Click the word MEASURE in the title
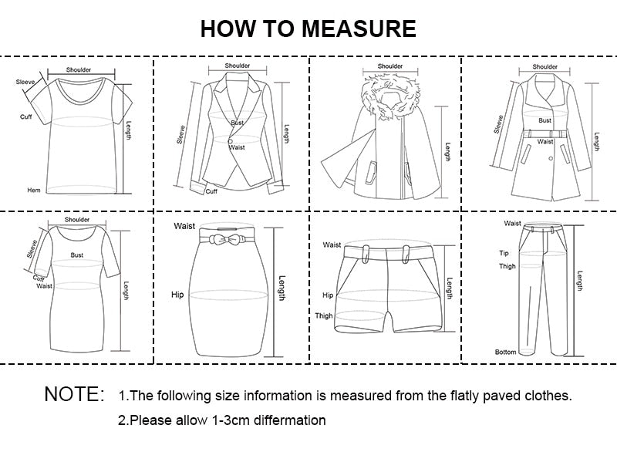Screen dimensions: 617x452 [x=359, y=29]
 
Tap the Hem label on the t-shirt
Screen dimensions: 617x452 [x=34, y=190]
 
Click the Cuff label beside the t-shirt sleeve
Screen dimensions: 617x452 [x=26, y=116]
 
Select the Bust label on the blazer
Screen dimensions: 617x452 [x=238, y=123]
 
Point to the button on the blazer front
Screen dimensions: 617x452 [x=230, y=141]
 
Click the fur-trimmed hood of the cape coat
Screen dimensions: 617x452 [x=390, y=96]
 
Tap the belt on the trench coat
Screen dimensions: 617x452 [x=545, y=133]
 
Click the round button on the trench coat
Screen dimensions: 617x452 [x=551, y=159]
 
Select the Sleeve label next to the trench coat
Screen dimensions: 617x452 [x=498, y=124]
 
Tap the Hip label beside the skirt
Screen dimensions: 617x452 [x=177, y=295]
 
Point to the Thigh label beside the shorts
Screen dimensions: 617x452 [x=324, y=315]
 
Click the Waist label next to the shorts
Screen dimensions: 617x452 [x=332, y=245]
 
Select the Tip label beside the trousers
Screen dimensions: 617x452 [x=504, y=253]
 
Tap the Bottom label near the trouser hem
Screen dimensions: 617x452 [x=506, y=352]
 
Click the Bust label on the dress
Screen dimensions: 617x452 [x=76, y=255]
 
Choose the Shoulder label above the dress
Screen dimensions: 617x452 [x=77, y=220]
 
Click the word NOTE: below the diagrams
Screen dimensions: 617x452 [x=75, y=394]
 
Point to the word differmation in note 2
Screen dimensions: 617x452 [x=290, y=420]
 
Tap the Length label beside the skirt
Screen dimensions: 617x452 [x=282, y=288]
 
